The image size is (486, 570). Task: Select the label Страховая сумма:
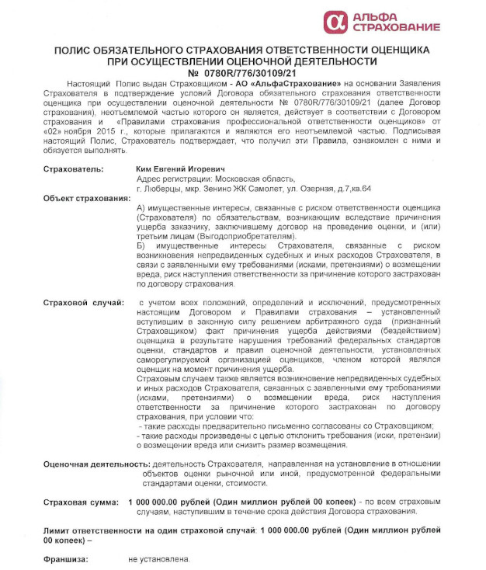tap(81, 502)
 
